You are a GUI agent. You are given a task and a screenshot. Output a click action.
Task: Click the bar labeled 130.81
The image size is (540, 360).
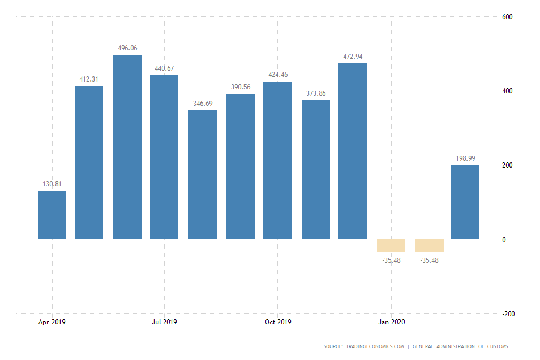(x=52, y=215)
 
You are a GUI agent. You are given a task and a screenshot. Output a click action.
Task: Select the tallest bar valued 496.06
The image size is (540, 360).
(x=127, y=147)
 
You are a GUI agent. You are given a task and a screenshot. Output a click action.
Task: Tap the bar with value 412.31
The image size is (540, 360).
(x=89, y=162)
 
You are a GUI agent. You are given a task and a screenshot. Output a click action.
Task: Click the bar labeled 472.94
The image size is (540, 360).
(x=353, y=151)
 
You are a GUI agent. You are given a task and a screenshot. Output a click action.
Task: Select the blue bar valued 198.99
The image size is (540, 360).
(x=465, y=202)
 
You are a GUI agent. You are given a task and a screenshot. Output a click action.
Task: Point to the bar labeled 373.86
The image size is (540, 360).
(x=316, y=170)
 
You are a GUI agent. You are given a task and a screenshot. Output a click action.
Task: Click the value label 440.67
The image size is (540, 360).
(x=164, y=68)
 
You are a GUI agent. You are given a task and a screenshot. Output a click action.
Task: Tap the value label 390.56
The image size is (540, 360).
(x=240, y=87)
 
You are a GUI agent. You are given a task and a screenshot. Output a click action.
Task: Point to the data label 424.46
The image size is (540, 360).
(x=277, y=75)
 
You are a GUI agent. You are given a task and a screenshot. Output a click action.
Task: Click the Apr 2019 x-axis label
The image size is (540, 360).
(x=52, y=322)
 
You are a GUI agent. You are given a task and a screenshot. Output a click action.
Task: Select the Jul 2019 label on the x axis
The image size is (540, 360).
(x=164, y=322)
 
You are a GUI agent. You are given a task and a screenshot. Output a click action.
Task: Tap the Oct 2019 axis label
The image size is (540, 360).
(x=278, y=322)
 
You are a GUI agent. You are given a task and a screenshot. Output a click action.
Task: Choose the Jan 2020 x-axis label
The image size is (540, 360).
(x=391, y=322)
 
